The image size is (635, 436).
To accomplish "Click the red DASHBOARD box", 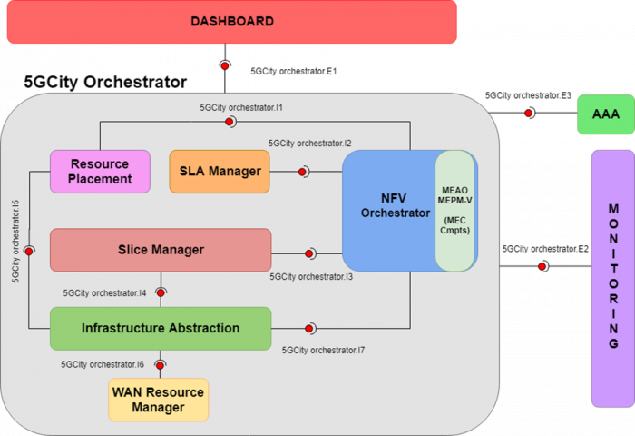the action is coord(232,22).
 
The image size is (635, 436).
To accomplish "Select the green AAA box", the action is coord(606,114).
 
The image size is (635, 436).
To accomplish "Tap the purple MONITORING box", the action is coord(613,278).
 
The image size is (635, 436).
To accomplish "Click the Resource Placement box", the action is coord(100,172).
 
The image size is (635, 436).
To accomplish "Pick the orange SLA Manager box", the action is coord(220,172).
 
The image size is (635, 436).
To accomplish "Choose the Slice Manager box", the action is coord(161,250).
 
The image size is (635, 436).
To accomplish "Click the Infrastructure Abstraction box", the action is coord(161,329).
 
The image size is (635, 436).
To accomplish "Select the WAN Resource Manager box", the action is coord(159,400).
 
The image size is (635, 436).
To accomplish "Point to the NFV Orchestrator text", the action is coord(395,205).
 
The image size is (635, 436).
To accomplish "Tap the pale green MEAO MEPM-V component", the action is coord(454,211).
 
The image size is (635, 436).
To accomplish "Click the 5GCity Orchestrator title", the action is coord(105,82).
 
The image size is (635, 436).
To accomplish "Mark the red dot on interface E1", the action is coord(225,65).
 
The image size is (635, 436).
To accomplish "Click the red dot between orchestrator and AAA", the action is coord(528,113).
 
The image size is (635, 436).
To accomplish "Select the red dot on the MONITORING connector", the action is coord(542,266).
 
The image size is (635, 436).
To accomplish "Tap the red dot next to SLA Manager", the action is coord(302,172).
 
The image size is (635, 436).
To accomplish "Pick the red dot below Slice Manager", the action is coord(161,292).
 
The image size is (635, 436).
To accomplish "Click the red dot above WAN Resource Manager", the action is coord(160,365).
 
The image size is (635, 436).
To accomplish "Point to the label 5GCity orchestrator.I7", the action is coord(323,350).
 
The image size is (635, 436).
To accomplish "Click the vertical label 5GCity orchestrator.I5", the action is coord(15,242).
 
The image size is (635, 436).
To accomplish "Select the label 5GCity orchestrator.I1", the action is coord(241,107).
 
